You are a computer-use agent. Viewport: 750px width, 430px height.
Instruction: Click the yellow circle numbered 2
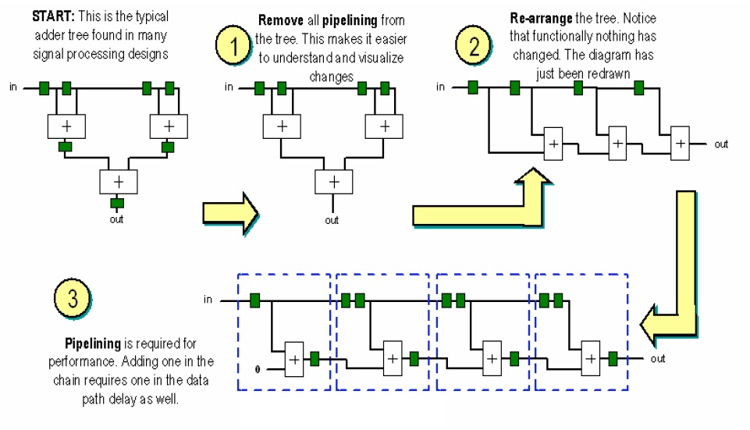pos(474,45)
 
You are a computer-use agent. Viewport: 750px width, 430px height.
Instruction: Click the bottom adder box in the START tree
pos(118,180)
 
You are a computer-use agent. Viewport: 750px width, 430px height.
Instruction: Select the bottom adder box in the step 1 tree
pos(334,181)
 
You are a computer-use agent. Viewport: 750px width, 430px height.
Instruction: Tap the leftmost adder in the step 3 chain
pos(294,359)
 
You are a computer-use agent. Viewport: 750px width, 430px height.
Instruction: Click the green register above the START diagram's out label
pos(116,204)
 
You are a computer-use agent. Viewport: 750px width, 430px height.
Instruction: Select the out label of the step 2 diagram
pos(721,144)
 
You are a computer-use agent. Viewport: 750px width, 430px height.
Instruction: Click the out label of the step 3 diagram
pos(658,359)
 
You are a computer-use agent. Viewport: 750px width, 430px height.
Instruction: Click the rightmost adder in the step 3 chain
pos(591,359)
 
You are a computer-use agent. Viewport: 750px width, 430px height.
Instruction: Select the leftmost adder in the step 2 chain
pos(553,144)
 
